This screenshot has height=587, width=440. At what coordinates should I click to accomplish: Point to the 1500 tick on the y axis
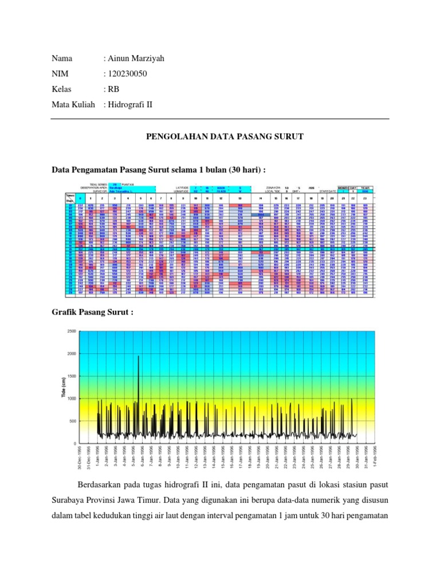[x=72, y=377]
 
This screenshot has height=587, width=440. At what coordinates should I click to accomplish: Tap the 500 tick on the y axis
[x=73, y=421]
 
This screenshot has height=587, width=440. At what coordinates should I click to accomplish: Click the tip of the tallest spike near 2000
[x=138, y=356]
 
